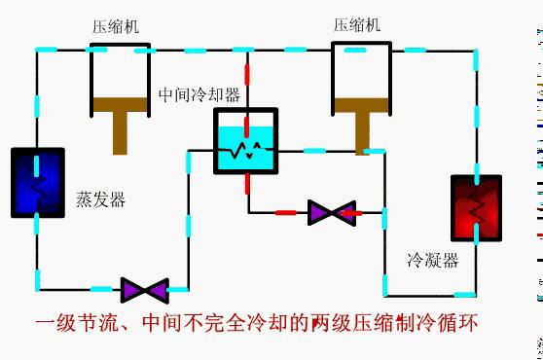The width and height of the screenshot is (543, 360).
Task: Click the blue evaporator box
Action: [38, 182]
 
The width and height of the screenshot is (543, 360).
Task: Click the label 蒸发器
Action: [100, 200]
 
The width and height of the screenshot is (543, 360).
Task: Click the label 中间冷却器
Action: [199, 95]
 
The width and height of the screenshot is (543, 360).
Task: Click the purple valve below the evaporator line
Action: [144, 289]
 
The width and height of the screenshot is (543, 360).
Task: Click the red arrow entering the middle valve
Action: [350, 212]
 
